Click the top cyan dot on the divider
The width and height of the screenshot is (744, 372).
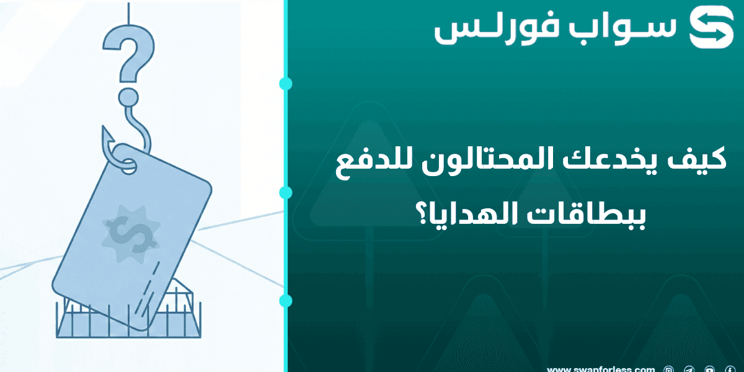[x=286, y=84]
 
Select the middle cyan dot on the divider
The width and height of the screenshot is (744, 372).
[x=286, y=192]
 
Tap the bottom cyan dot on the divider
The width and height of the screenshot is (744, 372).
[x=286, y=301]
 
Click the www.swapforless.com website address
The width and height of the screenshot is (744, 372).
[x=601, y=368]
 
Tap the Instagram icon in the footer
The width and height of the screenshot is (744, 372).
[x=668, y=369]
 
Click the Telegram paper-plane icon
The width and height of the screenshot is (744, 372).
[x=689, y=369]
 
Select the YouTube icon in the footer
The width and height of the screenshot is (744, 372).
[x=709, y=369]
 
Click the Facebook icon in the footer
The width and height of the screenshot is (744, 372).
[x=730, y=369]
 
